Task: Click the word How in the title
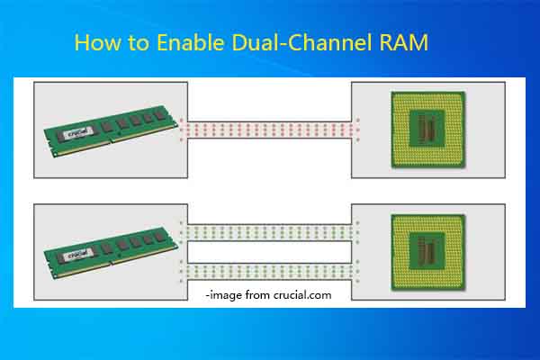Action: (94, 42)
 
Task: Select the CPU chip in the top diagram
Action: (426, 129)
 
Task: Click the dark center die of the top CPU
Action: (427, 129)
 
